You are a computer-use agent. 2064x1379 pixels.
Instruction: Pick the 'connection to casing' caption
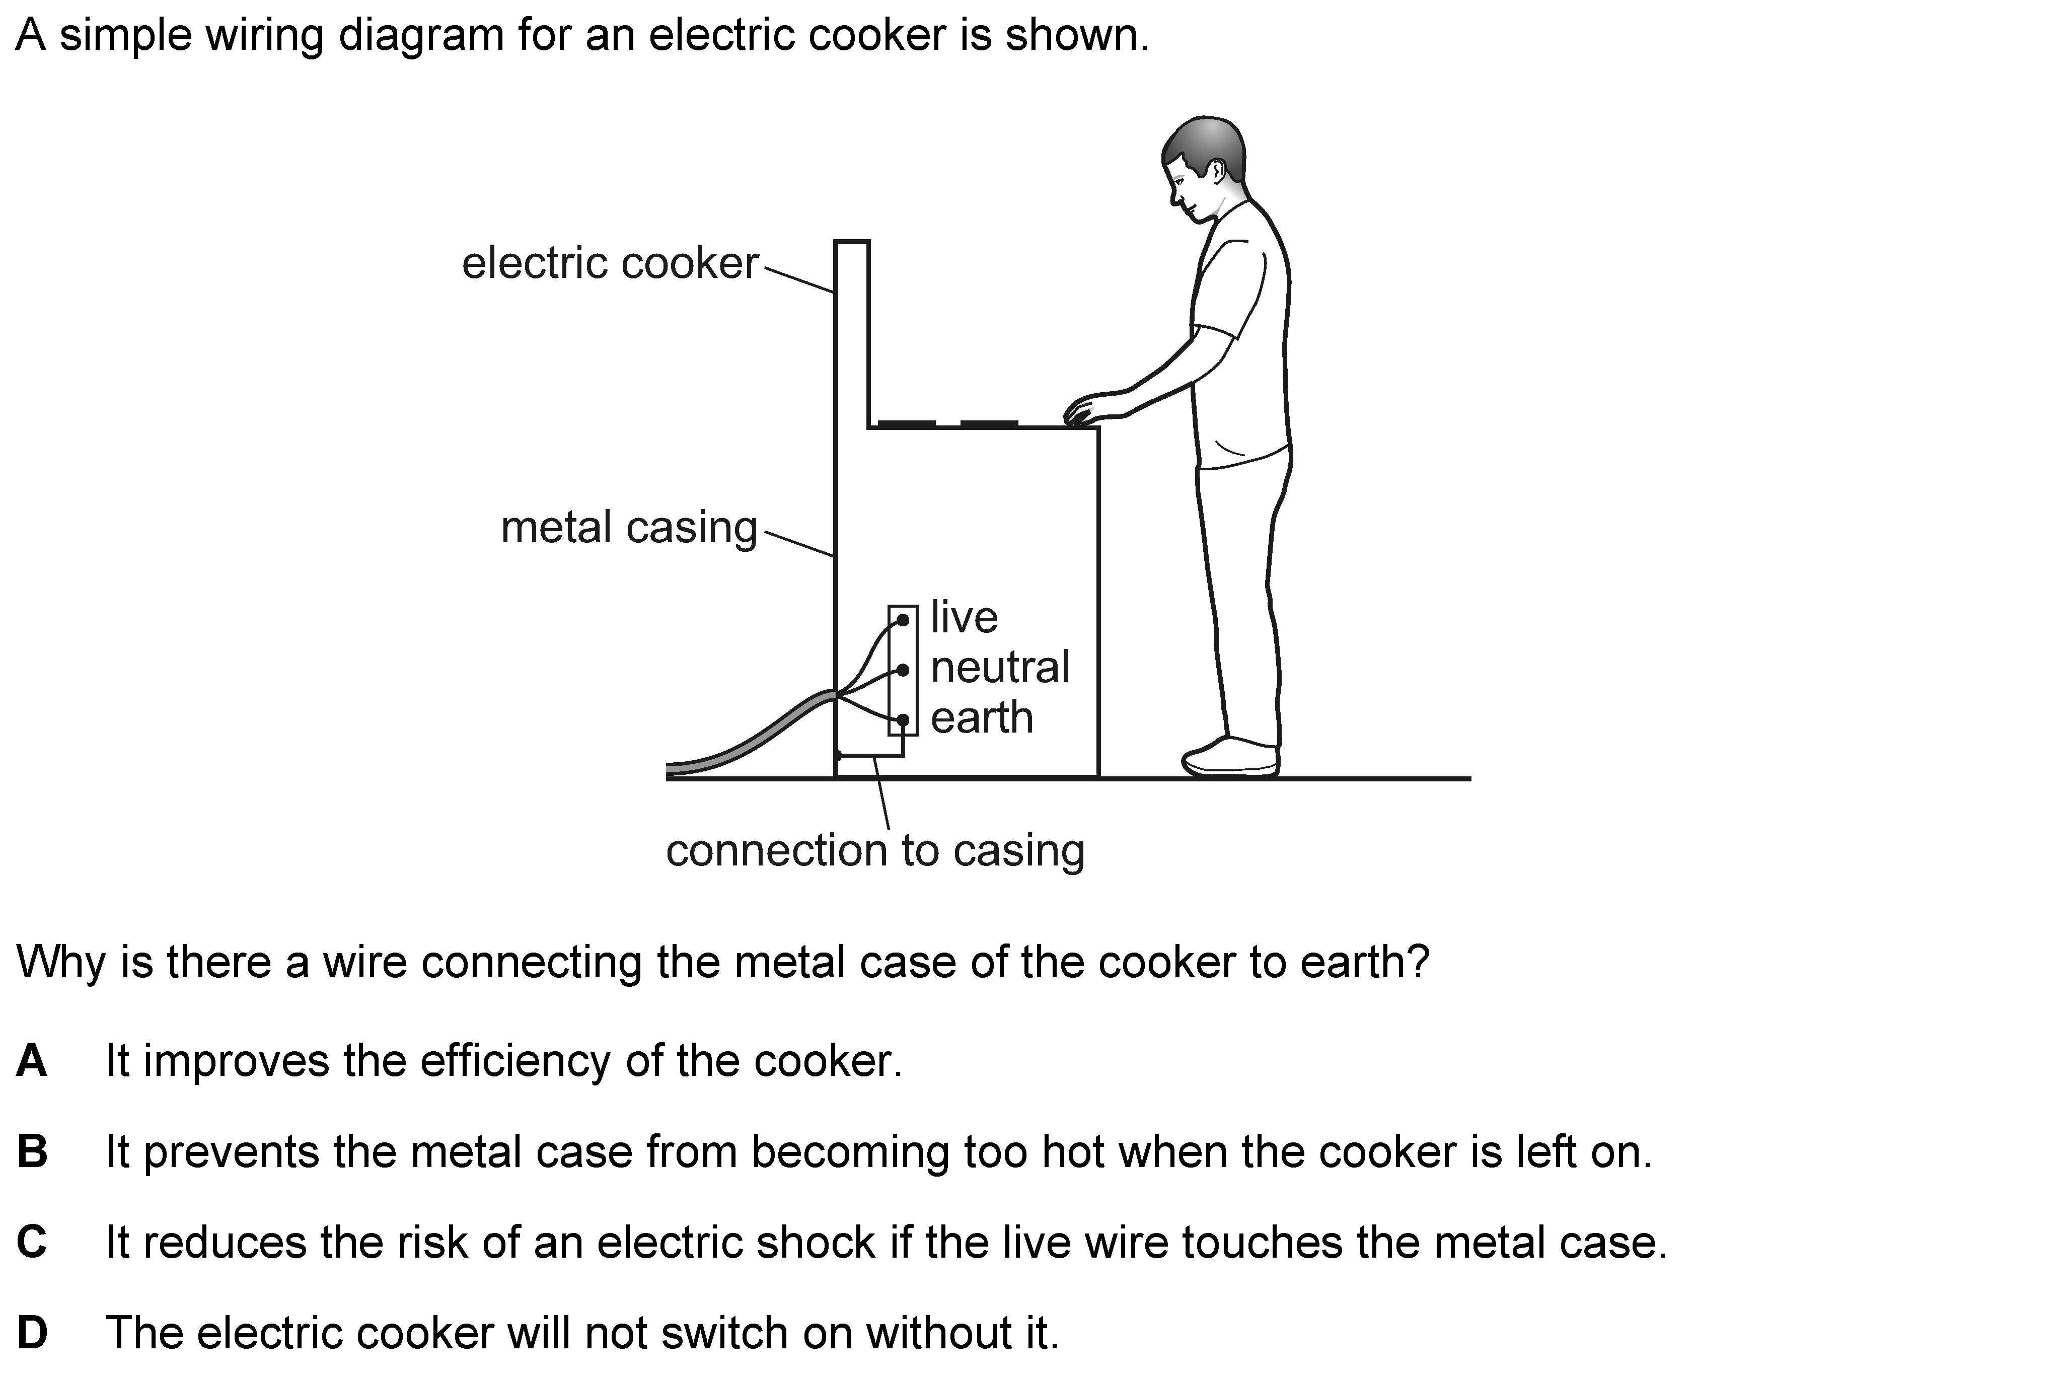pyautogui.click(x=875, y=850)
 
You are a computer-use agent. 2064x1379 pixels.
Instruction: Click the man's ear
pyautogui.click(x=1218, y=171)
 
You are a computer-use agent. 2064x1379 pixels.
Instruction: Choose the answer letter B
pyautogui.click(x=32, y=1151)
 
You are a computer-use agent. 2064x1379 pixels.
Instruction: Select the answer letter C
pyautogui.click(x=32, y=1242)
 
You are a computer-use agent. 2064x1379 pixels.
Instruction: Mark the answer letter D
pyautogui.click(x=32, y=1332)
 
